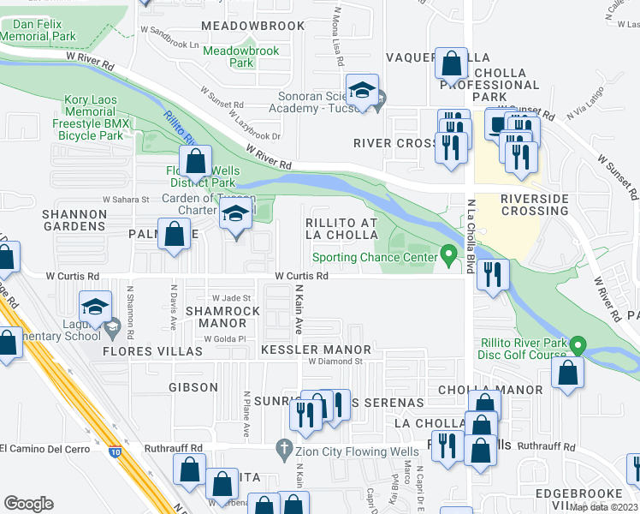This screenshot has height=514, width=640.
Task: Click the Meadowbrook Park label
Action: [241, 57]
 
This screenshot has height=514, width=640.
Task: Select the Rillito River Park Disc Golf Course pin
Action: [578, 345]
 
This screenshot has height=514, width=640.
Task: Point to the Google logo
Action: [28, 504]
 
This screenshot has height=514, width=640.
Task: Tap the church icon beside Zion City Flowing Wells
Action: [284, 448]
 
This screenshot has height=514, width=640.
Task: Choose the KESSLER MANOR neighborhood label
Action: [316, 350]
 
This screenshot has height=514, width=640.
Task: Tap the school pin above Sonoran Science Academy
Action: [362, 90]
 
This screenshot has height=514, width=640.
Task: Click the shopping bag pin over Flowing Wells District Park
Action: [197, 160]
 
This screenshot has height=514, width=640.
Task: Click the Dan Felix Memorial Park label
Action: [36, 31]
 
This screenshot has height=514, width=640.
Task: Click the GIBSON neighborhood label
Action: [193, 387]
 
